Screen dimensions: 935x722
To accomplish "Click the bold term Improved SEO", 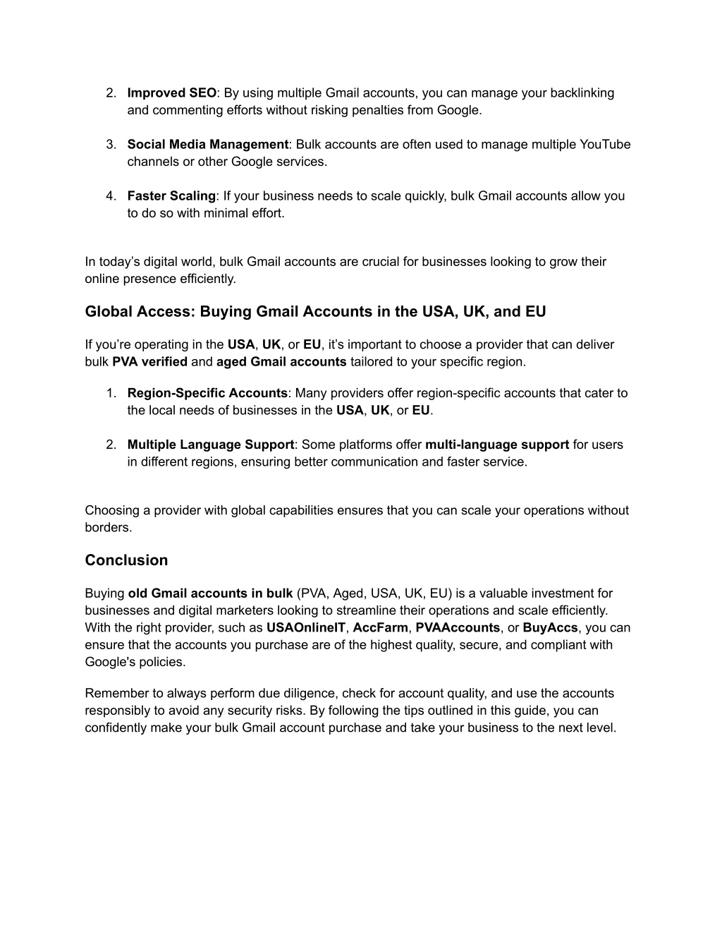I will click(172, 93).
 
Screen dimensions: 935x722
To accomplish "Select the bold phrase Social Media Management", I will click(207, 145).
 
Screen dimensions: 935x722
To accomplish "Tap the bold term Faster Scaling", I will click(171, 196).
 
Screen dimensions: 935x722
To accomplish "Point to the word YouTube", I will click(605, 145).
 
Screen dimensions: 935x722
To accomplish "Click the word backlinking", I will click(582, 93).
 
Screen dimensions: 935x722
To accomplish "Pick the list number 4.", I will click(111, 196).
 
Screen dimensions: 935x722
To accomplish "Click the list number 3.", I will click(111, 145).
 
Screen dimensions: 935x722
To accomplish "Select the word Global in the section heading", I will click(109, 312).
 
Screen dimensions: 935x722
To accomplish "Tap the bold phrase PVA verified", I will click(149, 362).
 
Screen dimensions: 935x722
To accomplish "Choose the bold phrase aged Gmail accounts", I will click(281, 362).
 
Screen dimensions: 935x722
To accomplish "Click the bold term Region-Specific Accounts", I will click(207, 393).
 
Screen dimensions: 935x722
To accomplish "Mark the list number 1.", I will click(111, 393).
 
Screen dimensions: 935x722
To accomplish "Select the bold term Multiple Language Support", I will click(210, 445).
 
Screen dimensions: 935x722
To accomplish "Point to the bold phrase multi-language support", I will click(497, 445).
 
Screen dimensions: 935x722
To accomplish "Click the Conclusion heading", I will click(126, 560).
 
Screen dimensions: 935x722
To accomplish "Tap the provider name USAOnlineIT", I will click(306, 628).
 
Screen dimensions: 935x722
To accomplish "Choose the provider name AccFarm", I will click(380, 628).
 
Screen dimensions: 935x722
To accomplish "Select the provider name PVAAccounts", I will click(458, 628).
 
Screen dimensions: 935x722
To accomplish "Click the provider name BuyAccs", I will click(550, 628).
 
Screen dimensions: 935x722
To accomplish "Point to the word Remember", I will click(113, 694).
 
